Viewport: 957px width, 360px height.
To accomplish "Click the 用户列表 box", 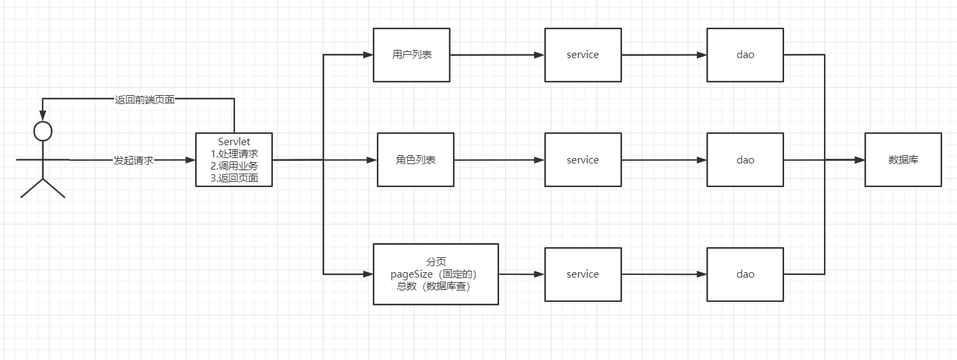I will [411, 55].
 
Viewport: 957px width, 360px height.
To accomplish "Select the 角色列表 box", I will [415, 160].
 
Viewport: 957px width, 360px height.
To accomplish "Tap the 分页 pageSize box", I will [436, 274].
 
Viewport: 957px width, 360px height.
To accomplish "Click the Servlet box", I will [234, 160].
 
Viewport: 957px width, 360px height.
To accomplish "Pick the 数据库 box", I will [903, 160].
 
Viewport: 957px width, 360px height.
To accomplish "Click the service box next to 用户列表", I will [583, 55].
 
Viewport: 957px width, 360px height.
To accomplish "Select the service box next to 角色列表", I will [583, 160].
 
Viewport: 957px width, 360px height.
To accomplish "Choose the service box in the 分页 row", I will [583, 274].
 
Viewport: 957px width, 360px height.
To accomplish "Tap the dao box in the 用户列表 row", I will [745, 55].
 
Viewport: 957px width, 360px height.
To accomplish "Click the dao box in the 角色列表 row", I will [745, 160].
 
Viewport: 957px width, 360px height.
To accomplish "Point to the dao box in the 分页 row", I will [745, 274].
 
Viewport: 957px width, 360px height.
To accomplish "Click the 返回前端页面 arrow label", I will [145, 99].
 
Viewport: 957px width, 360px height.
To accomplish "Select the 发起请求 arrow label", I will [134, 161].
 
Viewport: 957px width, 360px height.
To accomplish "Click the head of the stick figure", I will [43, 130].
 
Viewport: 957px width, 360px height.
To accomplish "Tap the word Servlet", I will [234, 141].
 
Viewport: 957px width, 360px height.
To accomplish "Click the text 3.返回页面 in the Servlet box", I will [234, 179].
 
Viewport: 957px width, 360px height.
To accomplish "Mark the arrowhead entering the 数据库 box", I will [860, 160].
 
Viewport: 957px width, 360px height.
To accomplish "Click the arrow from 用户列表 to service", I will [496, 55].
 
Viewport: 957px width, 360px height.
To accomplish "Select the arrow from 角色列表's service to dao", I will [664, 160].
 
